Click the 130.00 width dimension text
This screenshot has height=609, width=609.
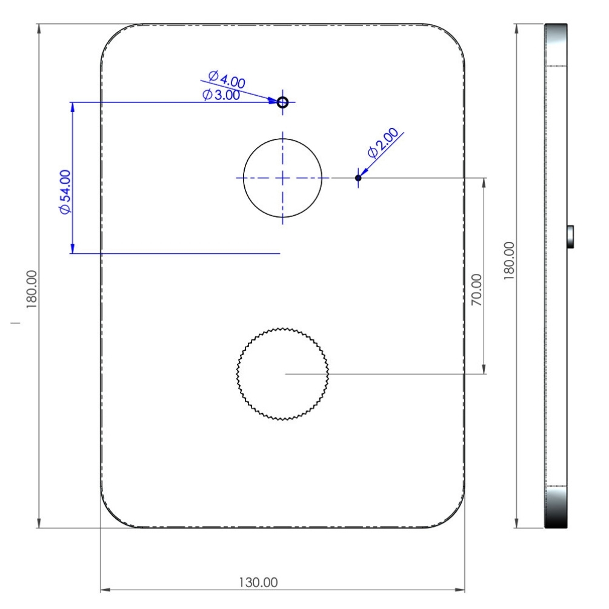[258, 582]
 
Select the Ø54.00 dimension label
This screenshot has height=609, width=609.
[65, 192]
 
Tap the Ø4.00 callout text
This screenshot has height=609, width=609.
[227, 79]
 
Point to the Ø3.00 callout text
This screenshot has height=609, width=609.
[221, 95]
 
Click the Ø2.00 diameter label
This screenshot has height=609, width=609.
[383, 142]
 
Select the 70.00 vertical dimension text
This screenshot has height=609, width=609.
[476, 290]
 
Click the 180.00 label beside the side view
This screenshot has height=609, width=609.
[509, 261]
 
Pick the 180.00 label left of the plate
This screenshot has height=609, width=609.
[32, 290]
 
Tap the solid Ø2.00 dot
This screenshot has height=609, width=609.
[358, 178]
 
